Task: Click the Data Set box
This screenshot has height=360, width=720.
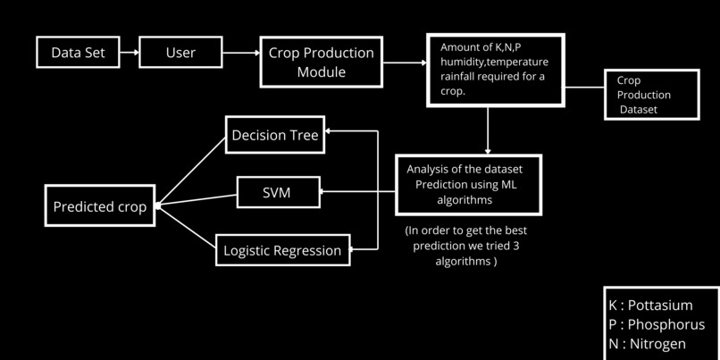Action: pyautogui.click(x=78, y=53)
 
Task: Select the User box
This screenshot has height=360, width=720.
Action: pyautogui.click(x=180, y=53)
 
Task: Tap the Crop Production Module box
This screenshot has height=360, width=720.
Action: pyautogui.click(x=322, y=62)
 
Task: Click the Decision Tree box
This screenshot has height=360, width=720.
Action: pyautogui.click(x=273, y=135)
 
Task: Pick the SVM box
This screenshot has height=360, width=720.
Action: pyautogui.click(x=277, y=191)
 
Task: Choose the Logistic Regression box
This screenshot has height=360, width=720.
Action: pyautogui.click(x=282, y=250)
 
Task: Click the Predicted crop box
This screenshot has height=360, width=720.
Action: pyautogui.click(x=100, y=206)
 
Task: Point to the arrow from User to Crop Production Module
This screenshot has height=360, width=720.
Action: pyautogui.click(x=240, y=53)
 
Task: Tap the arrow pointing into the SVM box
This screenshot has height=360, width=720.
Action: pyautogui.click(x=357, y=191)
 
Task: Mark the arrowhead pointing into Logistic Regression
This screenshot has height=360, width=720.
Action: pyautogui.click(x=354, y=250)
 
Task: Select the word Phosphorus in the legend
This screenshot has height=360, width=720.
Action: pyautogui.click(x=666, y=324)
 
